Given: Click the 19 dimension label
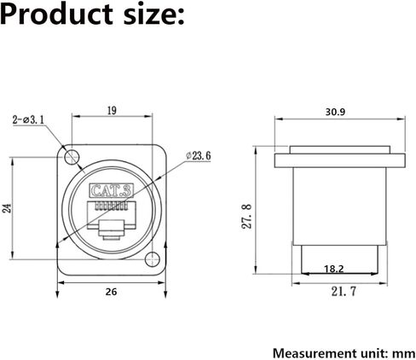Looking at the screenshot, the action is click(x=113, y=111).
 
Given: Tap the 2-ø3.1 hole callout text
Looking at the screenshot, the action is click(x=28, y=119).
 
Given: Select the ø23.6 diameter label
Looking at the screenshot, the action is click(x=199, y=156).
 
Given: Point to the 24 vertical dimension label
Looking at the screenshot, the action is click(x=7, y=208).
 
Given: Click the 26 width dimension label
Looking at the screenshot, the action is click(x=111, y=292).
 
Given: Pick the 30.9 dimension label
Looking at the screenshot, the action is click(x=335, y=112).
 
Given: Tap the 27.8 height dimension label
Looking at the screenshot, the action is click(x=246, y=217).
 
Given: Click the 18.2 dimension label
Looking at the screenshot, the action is click(x=334, y=269).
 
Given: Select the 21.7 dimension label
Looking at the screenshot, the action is click(x=344, y=292).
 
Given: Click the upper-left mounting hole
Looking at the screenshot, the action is click(x=72, y=156).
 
